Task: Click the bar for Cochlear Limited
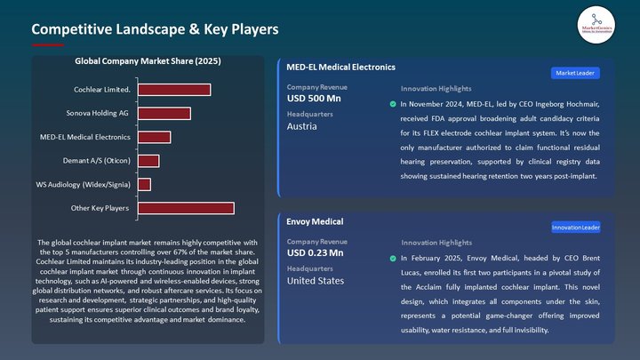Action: pyautogui.click(x=173, y=90)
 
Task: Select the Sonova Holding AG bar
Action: pyautogui.click(x=164, y=113)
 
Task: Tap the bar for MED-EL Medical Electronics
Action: pyautogui.click(x=154, y=137)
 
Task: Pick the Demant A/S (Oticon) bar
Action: pyautogui.click(x=148, y=161)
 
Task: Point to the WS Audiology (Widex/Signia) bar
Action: pyautogui.click(x=143, y=184)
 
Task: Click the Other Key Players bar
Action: pyautogui.click(x=185, y=208)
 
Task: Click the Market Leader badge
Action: pyautogui.click(x=576, y=73)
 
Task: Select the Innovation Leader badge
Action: pyautogui.click(x=576, y=228)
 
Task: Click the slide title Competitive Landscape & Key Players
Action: pyautogui.click(x=156, y=29)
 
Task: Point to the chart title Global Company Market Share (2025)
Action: pyautogui.click(x=148, y=61)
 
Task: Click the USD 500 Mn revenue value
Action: pyautogui.click(x=314, y=99)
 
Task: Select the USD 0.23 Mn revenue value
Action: pyautogui.click(x=316, y=253)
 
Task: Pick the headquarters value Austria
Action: pyautogui.click(x=302, y=126)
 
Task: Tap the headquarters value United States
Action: pyautogui.click(x=316, y=281)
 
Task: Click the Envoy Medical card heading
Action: pyautogui.click(x=315, y=221)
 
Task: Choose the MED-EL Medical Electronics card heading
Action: pyautogui.click(x=340, y=67)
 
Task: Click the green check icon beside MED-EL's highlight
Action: pyautogui.click(x=393, y=104)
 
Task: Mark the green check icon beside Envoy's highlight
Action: pyautogui.click(x=393, y=258)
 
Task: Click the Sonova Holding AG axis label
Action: pyautogui.click(x=99, y=113)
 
